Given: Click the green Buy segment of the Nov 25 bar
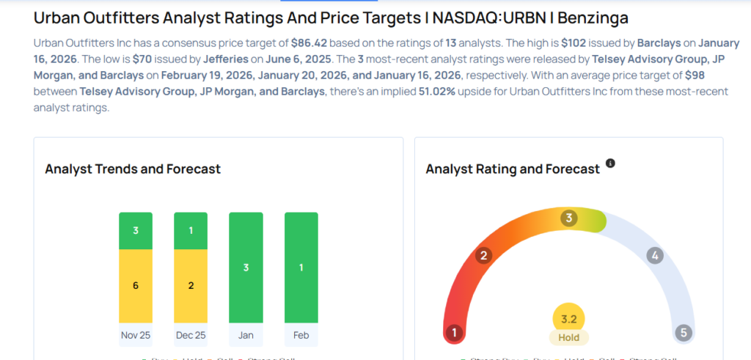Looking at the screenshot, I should pyautogui.click(x=136, y=230).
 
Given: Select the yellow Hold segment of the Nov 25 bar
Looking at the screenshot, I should pyautogui.click(x=136, y=285).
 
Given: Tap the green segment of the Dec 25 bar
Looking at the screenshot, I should pyautogui.click(x=191, y=230).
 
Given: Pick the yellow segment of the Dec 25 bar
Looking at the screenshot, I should pyautogui.click(x=191, y=285).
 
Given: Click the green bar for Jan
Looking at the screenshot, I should pyautogui.click(x=246, y=268).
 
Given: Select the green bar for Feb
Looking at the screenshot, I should pyautogui.click(x=301, y=268).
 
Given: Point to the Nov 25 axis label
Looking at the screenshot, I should pyautogui.click(x=136, y=335).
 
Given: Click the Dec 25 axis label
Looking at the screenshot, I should pyautogui.click(x=191, y=335).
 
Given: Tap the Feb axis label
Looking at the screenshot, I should pyautogui.click(x=301, y=335).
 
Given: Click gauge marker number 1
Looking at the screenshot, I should pyautogui.click(x=455, y=333).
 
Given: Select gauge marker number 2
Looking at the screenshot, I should pyautogui.click(x=483, y=255).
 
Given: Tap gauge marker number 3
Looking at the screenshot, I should pyautogui.click(x=568, y=218).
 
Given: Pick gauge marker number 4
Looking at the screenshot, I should pyautogui.click(x=655, y=255).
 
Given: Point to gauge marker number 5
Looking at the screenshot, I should pyautogui.click(x=684, y=333).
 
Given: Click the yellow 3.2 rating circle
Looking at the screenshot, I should pyautogui.click(x=568, y=319).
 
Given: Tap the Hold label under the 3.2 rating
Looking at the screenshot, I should pyautogui.click(x=568, y=338).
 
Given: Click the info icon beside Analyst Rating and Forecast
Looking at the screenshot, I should pyautogui.click(x=610, y=164).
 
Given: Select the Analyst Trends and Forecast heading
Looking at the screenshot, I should pyautogui.click(x=133, y=169).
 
